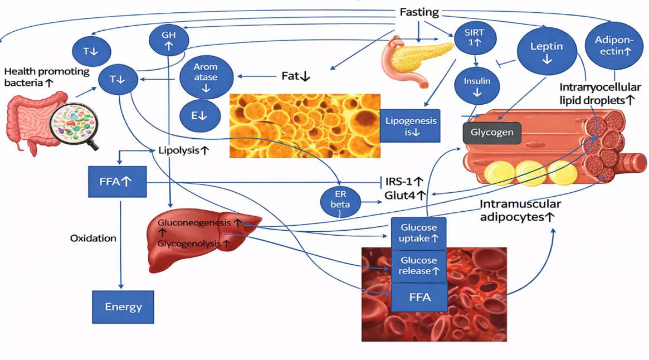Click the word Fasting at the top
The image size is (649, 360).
click(x=419, y=12)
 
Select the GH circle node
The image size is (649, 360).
click(x=169, y=40)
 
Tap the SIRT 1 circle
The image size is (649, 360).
click(x=475, y=38)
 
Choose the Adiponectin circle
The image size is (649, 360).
click(x=614, y=46)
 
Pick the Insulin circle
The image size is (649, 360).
click(x=477, y=86)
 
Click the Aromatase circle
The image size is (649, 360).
click(x=206, y=77)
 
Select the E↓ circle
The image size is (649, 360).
click(x=200, y=115)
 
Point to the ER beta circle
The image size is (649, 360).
click(x=340, y=201)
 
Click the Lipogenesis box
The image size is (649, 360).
click(x=410, y=126)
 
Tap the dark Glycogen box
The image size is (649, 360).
click(x=492, y=133)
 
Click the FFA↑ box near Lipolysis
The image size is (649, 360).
click(x=117, y=182)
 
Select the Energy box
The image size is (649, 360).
click(x=123, y=307)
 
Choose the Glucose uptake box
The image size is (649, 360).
click(x=418, y=233)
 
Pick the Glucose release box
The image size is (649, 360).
click(x=418, y=266)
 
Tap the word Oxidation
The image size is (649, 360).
click(x=93, y=238)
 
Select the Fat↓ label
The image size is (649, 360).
click(x=295, y=76)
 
